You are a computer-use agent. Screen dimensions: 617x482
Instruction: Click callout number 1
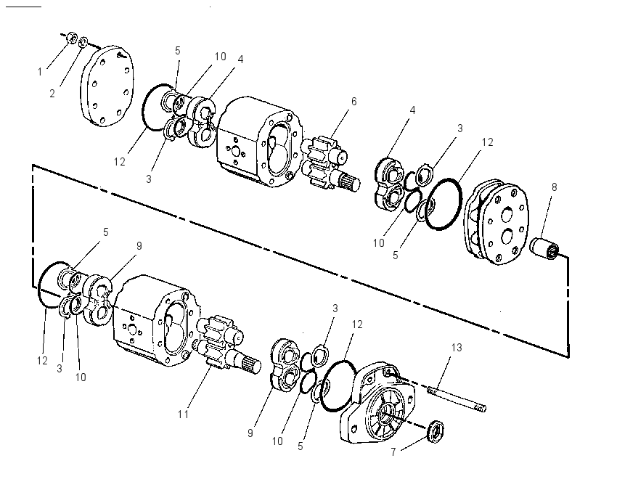pyautogui.click(x=40, y=72)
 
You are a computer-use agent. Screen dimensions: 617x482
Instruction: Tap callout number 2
pyautogui.click(x=52, y=94)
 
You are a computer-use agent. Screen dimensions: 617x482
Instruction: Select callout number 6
pyautogui.click(x=354, y=102)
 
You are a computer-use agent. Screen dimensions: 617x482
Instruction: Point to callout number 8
pyautogui.click(x=554, y=187)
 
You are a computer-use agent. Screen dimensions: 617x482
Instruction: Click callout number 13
pyautogui.click(x=457, y=348)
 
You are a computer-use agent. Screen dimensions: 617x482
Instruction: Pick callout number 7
pyautogui.click(x=393, y=452)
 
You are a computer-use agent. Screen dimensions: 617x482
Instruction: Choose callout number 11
pyautogui.click(x=183, y=414)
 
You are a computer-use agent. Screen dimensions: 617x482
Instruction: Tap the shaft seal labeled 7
pyautogui.click(x=436, y=432)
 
